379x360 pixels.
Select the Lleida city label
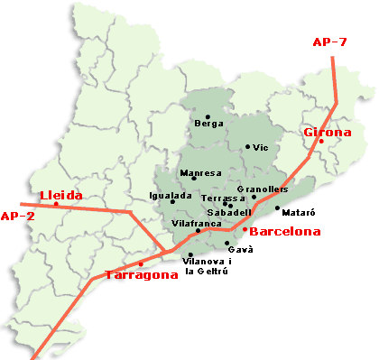(x=60, y=195)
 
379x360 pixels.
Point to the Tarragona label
(x=142, y=275)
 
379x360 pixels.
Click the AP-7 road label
(x=329, y=42)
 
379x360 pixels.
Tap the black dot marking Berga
(x=208, y=116)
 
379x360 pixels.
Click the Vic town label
(x=261, y=147)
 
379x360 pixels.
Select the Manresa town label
(x=200, y=172)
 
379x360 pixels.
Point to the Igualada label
(x=170, y=196)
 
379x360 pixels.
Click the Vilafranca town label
(x=191, y=222)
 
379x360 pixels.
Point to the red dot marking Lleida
(x=57, y=204)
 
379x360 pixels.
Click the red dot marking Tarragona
(x=141, y=263)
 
